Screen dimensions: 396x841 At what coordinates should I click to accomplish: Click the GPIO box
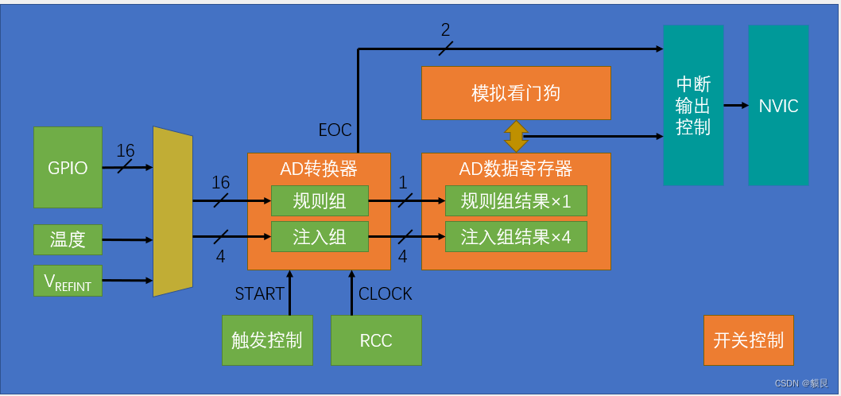click(68, 168)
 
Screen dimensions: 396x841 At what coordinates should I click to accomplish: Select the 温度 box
click(68, 239)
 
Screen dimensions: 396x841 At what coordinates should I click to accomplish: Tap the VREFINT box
click(68, 281)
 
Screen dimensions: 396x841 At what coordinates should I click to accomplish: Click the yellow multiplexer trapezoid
click(172, 211)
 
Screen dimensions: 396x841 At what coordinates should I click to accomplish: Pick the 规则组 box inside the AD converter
click(320, 201)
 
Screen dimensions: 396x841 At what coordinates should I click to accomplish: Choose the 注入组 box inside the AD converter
click(320, 237)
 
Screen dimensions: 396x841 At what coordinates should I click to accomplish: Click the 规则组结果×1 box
click(516, 201)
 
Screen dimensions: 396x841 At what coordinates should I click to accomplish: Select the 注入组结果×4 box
click(516, 237)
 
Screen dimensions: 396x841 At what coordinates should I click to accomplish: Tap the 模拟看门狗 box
click(516, 93)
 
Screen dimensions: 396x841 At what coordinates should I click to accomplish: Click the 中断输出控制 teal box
click(693, 105)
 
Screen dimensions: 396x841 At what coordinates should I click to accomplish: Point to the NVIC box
click(778, 105)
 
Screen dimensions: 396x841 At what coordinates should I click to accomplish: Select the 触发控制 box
click(267, 340)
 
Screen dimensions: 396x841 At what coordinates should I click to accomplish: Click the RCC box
click(376, 340)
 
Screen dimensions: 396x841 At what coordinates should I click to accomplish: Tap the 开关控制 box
click(749, 340)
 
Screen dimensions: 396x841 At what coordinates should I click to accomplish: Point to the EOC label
click(335, 130)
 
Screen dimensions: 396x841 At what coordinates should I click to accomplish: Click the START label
click(259, 294)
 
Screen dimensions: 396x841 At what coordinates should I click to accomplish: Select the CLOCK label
click(386, 294)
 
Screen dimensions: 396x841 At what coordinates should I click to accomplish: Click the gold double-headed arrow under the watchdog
click(516, 136)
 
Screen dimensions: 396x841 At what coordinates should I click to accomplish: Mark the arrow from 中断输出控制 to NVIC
click(735, 105)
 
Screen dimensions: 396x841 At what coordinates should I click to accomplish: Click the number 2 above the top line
click(445, 30)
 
